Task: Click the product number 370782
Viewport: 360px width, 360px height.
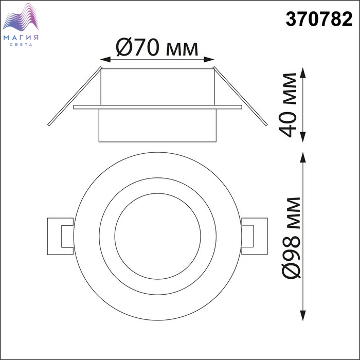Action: click(x=319, y=19)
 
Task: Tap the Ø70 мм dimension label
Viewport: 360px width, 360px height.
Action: click(x=157, y=47)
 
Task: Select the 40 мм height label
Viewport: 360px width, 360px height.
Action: click(x=287, y=105)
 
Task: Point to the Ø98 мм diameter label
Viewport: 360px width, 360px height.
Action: click(x=291, y=238)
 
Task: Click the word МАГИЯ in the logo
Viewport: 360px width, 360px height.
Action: click(x=21, y=38)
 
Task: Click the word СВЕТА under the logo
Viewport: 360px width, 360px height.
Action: click(x=21, y=45)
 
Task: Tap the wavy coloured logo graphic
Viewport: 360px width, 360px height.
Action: click(x=21, y=17)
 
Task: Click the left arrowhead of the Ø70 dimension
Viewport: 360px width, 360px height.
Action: click(x=105, y=60)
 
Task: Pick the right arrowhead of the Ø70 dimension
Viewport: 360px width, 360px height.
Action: click(x=209, y=60)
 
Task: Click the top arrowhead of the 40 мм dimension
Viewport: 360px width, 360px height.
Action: click(x=303, y=73)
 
